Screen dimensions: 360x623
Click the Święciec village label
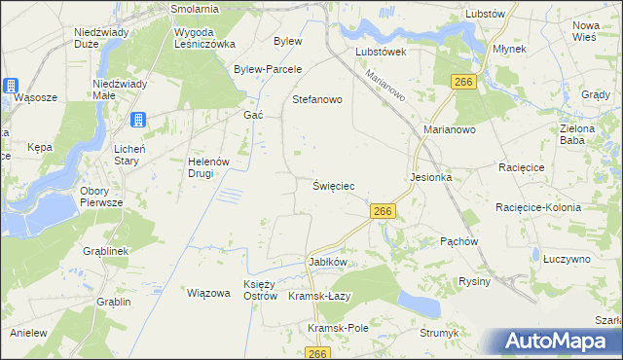pos(333,185)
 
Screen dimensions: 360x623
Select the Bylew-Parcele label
pos(269,69)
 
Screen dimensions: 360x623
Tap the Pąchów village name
pos(458,239)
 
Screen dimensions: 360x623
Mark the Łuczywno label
pos(568,259)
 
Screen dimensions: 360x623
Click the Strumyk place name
pos(439,333)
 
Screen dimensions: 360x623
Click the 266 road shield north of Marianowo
pos(462,83)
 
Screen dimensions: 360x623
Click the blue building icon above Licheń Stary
pos(137,120)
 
